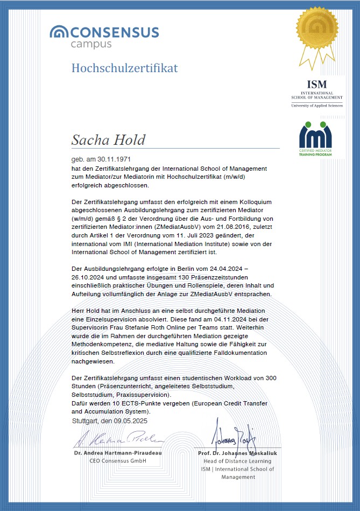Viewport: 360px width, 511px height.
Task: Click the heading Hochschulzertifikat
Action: (x=124, y=68)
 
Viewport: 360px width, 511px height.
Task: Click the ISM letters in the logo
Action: (x=316, y=85)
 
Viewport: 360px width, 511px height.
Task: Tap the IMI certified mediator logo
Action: (x=315, y=139)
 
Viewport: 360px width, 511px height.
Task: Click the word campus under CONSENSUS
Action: (x=91, y=44)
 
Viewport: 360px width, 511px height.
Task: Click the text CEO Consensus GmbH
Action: (x=118, y=461)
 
